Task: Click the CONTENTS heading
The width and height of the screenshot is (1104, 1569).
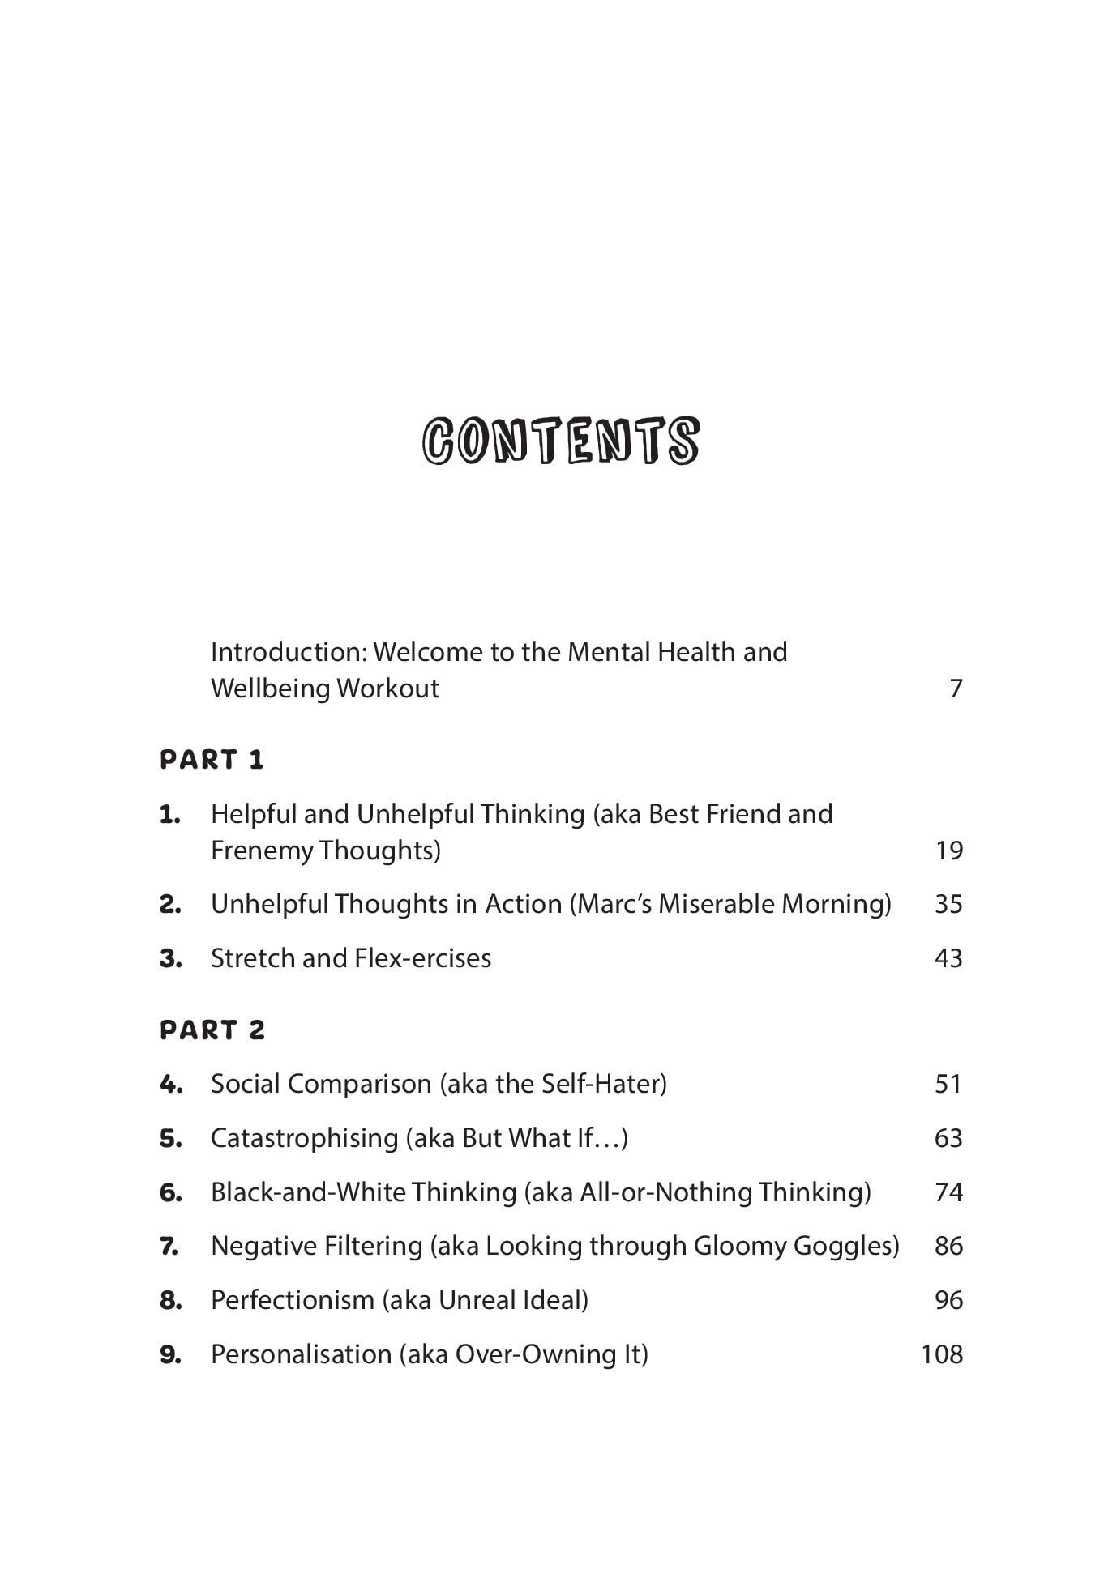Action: tap(560, 441)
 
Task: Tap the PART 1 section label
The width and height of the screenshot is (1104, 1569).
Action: tap(212, 760)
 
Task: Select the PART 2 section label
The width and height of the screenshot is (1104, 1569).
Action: tap(212, 1030)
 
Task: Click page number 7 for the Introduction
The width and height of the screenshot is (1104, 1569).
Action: tap(956, 689)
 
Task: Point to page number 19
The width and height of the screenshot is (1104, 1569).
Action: tap(948, 851)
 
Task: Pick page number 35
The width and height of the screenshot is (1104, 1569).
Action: tap(948, 904)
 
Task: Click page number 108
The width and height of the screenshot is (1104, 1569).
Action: tap(942, 1354)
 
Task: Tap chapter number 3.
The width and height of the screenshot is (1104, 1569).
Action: tap(170, 959)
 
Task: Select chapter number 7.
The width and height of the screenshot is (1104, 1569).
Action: tap(169, 1247)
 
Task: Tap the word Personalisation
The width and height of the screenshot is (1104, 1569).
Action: tap(301, 1354)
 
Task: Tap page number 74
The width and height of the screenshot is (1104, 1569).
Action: tap(948, 1192)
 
